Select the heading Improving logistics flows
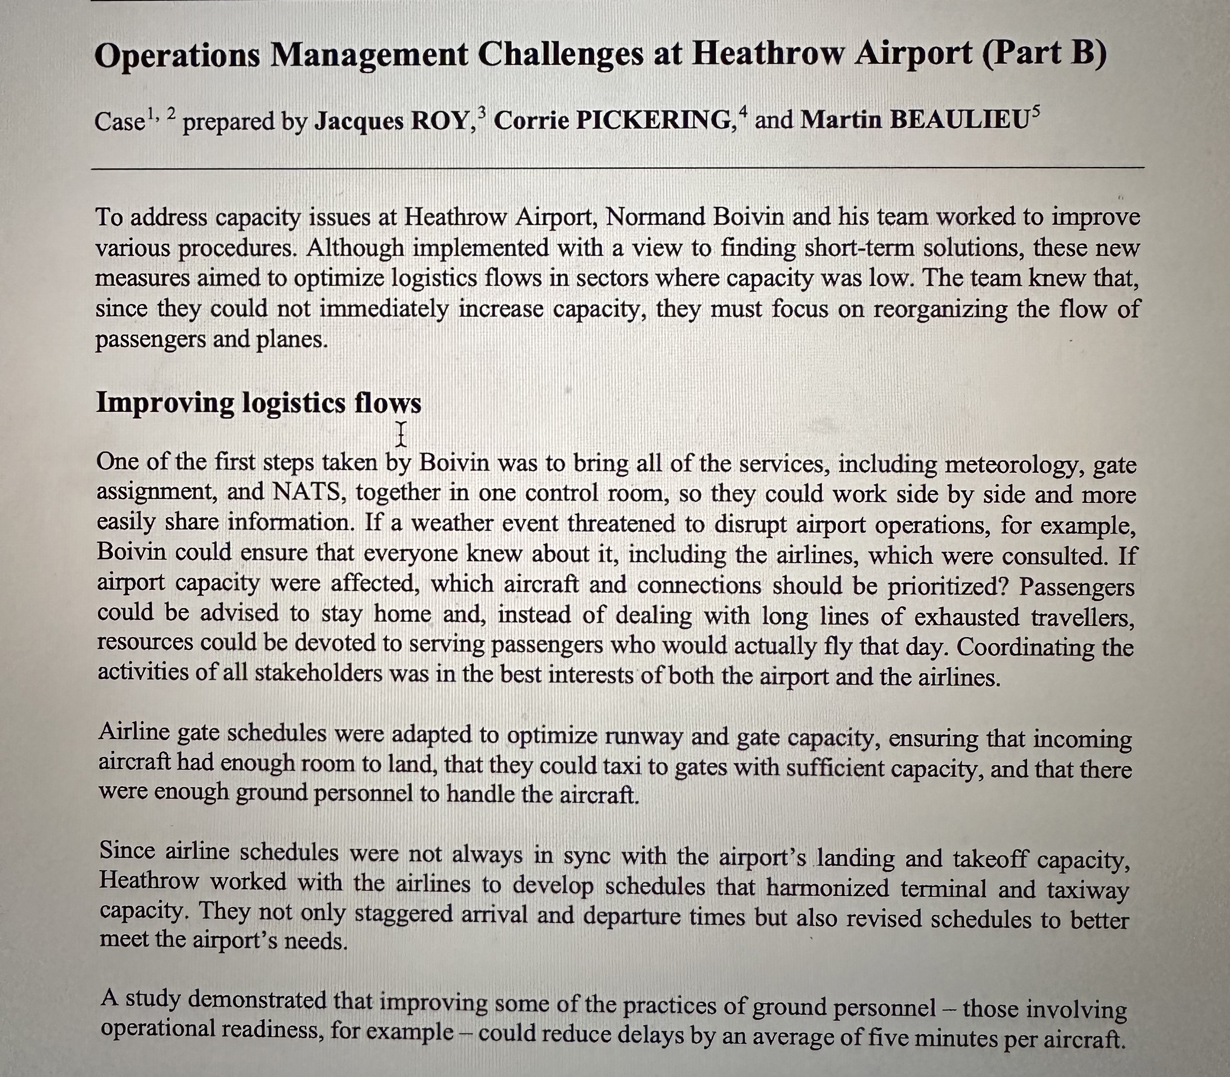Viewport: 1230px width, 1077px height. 259,402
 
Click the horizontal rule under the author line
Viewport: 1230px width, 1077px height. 617,168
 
